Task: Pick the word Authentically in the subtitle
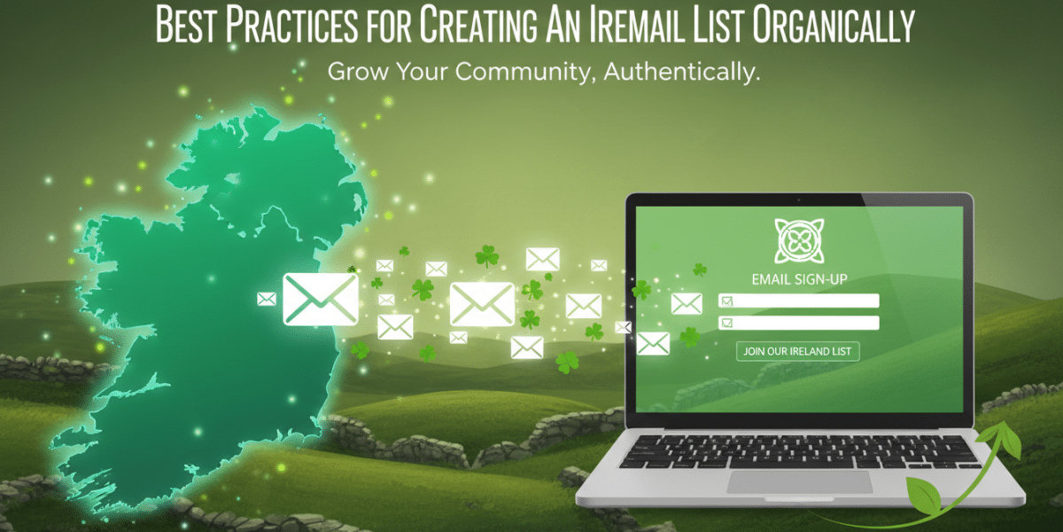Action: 682,72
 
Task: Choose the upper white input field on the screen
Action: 798,301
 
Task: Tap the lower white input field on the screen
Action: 798,323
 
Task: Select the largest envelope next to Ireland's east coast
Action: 320,298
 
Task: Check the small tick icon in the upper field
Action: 727,301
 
